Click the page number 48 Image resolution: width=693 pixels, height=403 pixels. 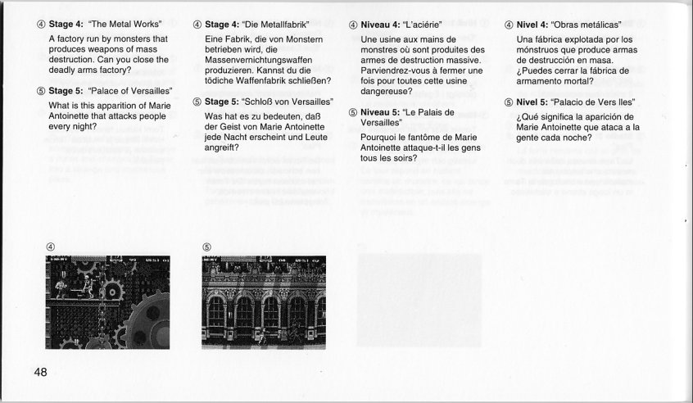pos(41,373)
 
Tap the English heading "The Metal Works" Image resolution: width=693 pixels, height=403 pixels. pos(125,24)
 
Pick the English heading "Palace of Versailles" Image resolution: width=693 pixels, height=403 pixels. pos(128,91)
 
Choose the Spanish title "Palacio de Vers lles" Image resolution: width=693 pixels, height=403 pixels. pos(594,102)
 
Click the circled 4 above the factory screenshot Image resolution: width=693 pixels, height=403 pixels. pos(51,247)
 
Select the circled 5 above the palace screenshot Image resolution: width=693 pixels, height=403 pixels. pos(207,247)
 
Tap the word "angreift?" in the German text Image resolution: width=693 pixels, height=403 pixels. pos(221,147)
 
